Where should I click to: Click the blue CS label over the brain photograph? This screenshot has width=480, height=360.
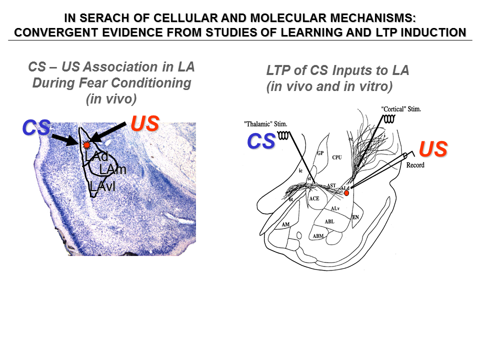point(36,128)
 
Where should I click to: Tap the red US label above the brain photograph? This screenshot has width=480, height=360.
point(145,123)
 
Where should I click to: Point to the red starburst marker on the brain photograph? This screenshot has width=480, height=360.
point(86,145)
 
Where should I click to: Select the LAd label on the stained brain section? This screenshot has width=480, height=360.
point(96,156)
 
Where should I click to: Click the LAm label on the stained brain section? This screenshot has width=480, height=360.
point(112,170)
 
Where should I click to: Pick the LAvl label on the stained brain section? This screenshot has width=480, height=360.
point(102,186)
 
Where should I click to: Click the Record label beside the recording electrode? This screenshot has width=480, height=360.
point(415,165)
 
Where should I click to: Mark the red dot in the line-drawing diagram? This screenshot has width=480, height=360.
point(346,193)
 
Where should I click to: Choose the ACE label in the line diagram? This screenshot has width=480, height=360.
point(314,198)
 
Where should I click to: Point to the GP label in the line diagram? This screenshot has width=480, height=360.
point(320,153)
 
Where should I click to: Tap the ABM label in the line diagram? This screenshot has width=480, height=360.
point(318,235)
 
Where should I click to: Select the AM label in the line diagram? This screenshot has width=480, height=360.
point(285,224)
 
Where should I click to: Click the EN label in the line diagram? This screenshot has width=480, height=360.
point(355,217)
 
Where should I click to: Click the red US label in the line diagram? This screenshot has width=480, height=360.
point(432,149)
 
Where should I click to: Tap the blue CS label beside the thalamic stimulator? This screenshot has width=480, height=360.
point(261,141)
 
